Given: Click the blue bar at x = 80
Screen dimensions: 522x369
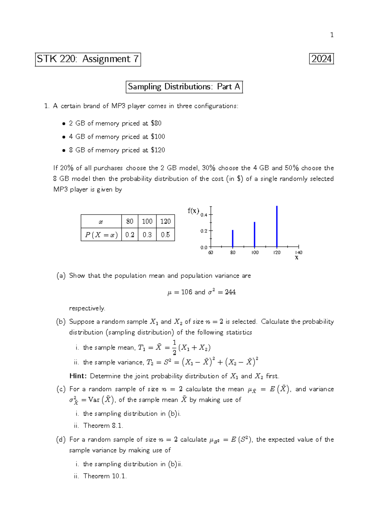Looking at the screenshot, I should click(233, 239).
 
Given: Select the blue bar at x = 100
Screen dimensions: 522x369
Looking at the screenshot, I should click(255, 235).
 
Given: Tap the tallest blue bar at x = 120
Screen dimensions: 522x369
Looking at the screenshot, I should click(277, 227).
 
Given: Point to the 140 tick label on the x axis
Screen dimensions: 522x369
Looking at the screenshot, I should click(299, 252).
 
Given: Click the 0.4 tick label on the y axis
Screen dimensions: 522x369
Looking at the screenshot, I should click(204, 215).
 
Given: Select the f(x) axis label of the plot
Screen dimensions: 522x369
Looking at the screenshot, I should click(193, 211).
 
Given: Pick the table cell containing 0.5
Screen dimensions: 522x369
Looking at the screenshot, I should click(165, 235).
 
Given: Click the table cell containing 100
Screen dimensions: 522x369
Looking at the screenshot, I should click(147, 221).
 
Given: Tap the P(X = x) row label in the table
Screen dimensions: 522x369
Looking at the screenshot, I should click(101, 235).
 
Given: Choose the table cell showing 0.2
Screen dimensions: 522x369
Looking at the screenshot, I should click(130, 235).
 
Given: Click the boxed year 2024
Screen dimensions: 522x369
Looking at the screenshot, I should click(321, 59).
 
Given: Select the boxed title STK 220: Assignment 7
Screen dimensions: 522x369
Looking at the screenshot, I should click(88, 59).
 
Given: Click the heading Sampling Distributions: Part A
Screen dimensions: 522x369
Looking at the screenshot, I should click(184, 87).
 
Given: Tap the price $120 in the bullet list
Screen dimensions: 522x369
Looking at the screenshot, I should click(158, 150).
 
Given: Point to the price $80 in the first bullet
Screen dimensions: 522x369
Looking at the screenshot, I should click(156, 123).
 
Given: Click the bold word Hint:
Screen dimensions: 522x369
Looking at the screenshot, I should click(78, 376).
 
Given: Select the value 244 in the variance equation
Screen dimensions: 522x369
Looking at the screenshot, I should click(230, 292).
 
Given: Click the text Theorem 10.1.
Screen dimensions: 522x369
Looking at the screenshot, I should click(105, 476).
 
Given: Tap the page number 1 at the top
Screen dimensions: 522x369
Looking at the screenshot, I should click(331, 35).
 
